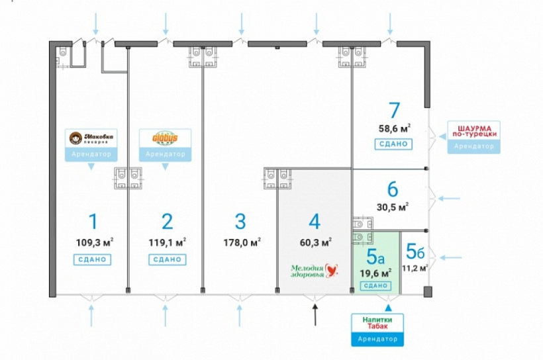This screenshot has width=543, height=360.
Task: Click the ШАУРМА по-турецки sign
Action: [473, 130]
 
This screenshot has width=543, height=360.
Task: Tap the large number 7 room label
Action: [395, 109]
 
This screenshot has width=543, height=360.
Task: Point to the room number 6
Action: [393, 190]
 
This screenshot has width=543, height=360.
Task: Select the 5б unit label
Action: [415, 251]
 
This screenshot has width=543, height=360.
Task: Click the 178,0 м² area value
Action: [242, 242]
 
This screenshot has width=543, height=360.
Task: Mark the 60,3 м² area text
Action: [315, 242]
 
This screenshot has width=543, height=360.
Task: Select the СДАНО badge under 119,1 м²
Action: [167, 259]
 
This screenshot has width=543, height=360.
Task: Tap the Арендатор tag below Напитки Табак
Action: [376, 339]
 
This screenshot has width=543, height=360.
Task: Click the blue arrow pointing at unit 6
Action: [450, 197]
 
